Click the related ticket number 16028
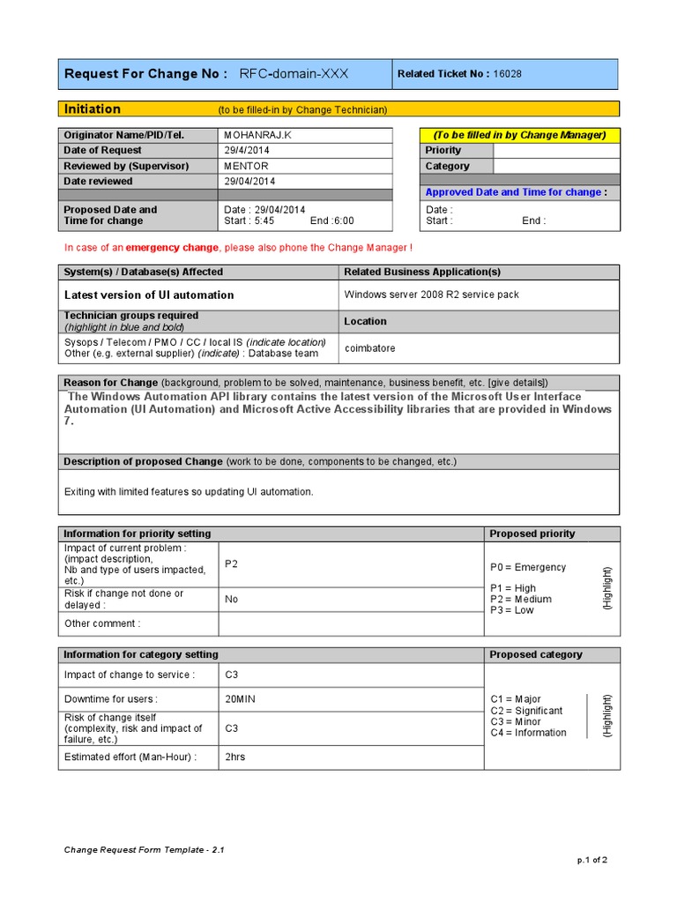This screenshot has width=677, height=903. pos(508,74)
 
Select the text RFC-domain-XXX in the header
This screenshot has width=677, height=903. pos(294,74)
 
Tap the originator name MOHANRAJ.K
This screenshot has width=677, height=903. pos(257,135)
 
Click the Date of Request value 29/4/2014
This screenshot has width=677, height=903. pos(246,151)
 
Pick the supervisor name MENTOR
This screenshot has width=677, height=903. pos(246,166)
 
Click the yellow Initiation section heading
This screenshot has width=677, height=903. pos(93,109)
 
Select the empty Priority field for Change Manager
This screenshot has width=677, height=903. pos(555,151)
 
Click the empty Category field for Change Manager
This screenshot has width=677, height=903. pos(555,166)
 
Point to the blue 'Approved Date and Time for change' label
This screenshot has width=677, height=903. pos(516,192)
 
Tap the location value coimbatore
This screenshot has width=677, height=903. pos(369,348)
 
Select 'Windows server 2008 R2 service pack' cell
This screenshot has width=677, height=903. pos(431,295)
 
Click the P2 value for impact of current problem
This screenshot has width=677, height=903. pos(232,564)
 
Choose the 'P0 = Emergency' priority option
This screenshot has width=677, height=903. pos(528,567)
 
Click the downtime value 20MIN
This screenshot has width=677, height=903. pos(241,699)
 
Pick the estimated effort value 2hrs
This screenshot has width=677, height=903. pos(235,757)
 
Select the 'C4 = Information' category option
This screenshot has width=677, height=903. pos(528,733)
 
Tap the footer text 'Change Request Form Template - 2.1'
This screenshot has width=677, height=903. pos(145,850)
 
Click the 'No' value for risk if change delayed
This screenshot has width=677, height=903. pos(232,600)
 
